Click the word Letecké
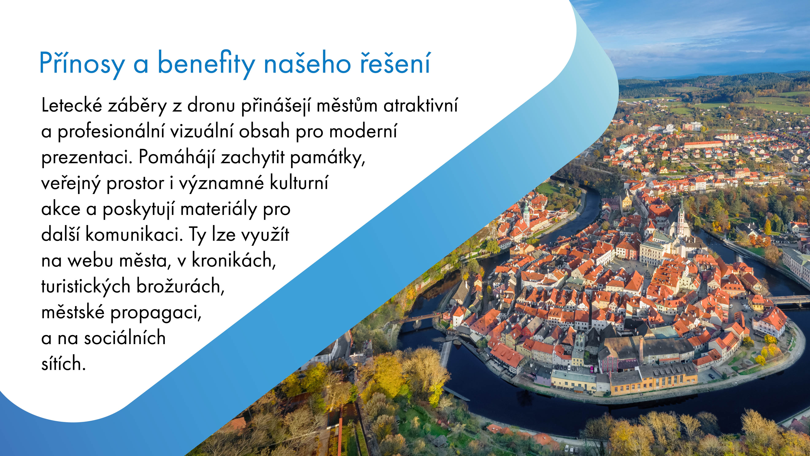(x=72, y=105)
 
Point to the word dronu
(x=211, y=105)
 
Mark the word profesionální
(x=111, y=132)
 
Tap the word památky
(x=327, y=157)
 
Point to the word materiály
(x=219, y=209)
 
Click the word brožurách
(x=180, y=287)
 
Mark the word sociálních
(x=124, y=338)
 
